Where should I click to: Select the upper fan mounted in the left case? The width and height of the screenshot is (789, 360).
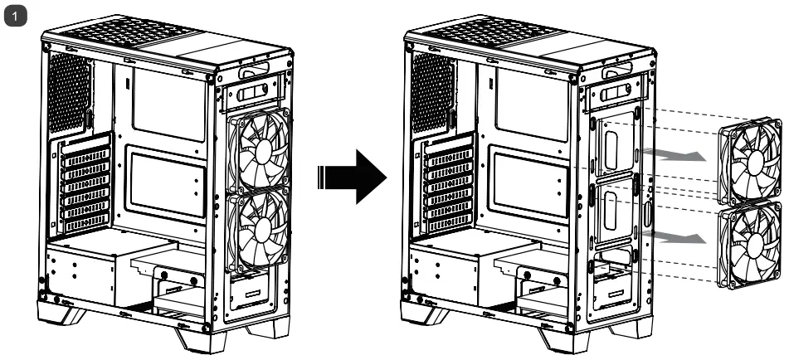click(x=258, y=150)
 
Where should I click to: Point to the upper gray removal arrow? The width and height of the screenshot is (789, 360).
click(x=669, y=155)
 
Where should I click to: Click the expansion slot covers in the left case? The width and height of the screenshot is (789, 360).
click(x=85, y=185)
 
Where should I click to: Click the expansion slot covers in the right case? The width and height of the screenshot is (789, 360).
click(x=447, y=185)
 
